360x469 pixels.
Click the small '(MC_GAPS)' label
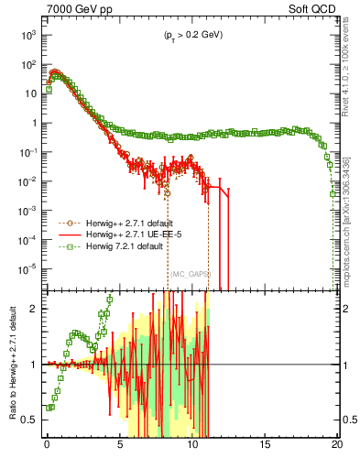[190, 274]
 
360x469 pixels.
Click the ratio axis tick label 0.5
[32, 420]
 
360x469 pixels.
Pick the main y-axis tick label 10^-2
[28, 180]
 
